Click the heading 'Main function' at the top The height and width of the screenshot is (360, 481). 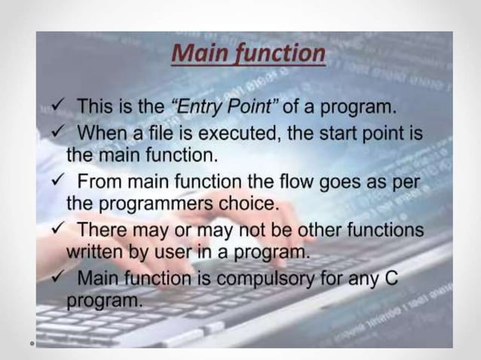(248, 54)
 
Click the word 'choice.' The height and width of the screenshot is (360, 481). (243, 204)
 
